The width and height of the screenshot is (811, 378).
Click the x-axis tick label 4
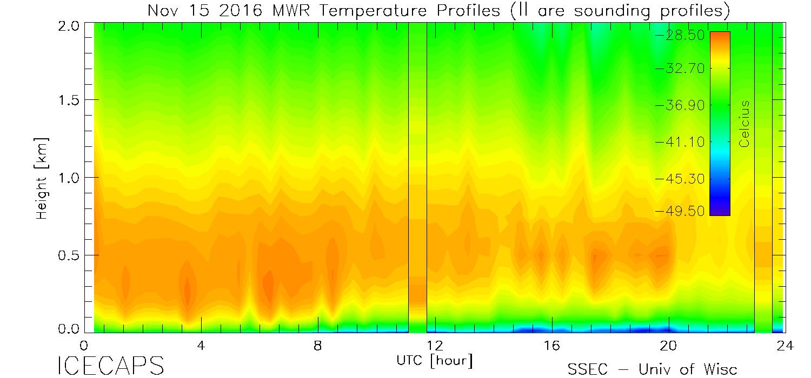201,346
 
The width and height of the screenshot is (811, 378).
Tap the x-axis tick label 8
318,346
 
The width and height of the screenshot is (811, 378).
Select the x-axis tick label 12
435,346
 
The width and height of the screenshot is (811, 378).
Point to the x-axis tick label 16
551,346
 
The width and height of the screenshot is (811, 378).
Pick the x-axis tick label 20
669,346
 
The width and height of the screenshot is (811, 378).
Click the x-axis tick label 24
785,346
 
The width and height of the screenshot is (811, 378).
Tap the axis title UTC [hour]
435,360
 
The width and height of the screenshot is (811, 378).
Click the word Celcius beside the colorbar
745,124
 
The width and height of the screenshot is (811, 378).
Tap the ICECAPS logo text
110,366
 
